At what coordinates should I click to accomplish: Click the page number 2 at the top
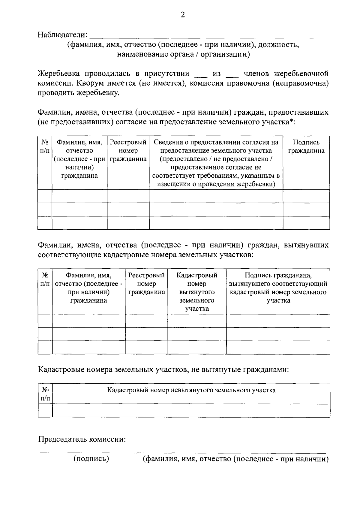click(182, 15)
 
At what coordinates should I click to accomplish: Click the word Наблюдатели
click(62, 35)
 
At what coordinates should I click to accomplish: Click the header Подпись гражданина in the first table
click(306, 146)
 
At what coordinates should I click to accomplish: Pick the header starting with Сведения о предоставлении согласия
click(216, 163)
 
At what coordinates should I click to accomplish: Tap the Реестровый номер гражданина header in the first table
click(128, 151)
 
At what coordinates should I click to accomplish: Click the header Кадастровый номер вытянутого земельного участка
click(197, 292)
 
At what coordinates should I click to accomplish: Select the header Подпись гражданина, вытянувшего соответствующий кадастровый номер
click(278, 288)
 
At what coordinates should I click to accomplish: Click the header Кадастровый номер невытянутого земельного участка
click(191, 390)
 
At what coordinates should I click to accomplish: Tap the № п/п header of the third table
click(45, 394)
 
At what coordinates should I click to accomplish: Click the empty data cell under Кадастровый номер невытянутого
click(191, 411)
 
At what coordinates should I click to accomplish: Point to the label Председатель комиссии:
click(82, 439)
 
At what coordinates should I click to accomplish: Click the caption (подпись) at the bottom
click(91, 459)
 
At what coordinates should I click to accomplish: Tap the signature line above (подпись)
click(93, 452)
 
